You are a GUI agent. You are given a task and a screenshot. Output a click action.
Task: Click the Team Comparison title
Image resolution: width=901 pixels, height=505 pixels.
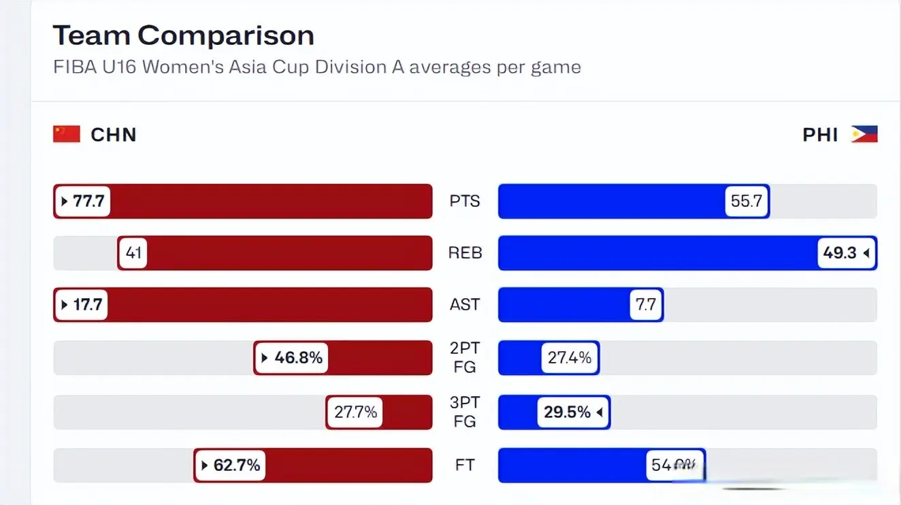pos(184,35)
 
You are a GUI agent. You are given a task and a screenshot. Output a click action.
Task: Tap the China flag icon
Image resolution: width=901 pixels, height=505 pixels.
pos(67,134)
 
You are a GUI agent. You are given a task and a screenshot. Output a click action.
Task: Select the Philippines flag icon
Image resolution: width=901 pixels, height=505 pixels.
pos(864,134)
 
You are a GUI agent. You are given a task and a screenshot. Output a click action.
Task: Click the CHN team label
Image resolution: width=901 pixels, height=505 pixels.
pos(114,135)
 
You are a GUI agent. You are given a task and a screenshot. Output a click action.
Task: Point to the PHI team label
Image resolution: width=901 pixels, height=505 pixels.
pos(820,135)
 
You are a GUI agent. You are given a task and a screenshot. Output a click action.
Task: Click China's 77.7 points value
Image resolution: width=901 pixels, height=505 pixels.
pos(82,201)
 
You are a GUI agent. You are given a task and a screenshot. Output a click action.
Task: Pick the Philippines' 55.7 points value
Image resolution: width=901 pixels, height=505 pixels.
pos(747,201)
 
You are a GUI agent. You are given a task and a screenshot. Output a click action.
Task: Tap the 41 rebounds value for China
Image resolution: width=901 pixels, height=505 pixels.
pos(133,253)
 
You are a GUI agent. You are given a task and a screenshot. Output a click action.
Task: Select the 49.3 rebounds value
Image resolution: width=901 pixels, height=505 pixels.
pos(846,253)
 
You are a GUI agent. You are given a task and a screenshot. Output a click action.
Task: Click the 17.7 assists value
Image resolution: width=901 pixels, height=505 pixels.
pos(82,304)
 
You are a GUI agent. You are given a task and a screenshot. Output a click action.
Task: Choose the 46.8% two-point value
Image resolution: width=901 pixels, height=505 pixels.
pos(291,357)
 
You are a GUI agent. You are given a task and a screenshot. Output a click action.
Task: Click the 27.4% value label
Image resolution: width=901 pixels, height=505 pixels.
pos(570,357)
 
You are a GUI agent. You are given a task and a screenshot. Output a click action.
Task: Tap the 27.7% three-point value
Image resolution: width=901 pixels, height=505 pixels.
pos(355,412)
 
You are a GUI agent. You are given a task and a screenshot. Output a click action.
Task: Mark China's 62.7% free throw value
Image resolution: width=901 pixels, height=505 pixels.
pos(230,466)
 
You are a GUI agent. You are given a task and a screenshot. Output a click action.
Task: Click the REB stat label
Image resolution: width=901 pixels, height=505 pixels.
pos(465,253)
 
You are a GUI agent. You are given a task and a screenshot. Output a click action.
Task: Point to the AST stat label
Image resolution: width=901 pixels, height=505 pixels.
pos(465,304)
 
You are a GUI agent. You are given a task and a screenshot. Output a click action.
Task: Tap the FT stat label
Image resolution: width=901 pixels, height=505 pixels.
pos(465,466)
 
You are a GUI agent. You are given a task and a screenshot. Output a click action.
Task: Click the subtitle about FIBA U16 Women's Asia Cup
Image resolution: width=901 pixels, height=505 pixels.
pos(317,67)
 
